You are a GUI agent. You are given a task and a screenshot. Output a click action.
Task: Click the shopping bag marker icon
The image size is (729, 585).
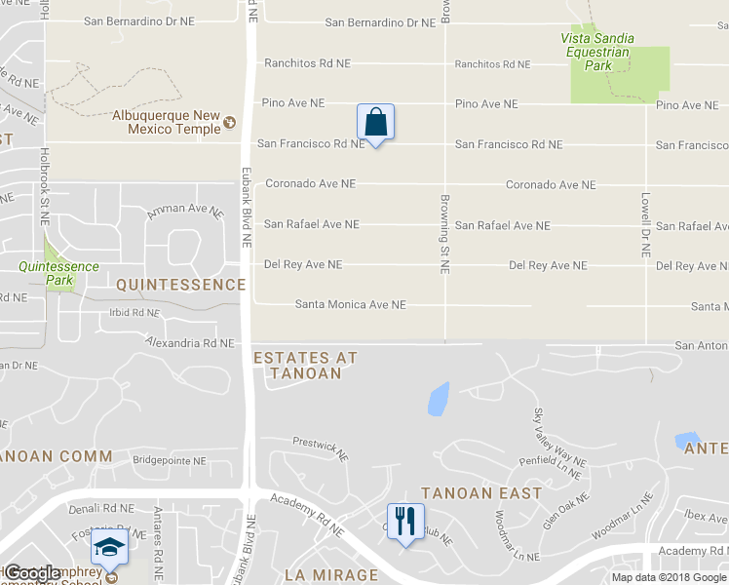click(x=375, y=123)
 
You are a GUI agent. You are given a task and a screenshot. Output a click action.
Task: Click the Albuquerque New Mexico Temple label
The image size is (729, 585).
click(x=167, y=122)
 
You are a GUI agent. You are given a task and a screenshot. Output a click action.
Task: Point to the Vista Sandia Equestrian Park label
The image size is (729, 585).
click(x=596, y=53)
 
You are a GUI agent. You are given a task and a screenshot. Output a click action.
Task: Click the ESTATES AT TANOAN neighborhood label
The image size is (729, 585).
click(x=305, y=366)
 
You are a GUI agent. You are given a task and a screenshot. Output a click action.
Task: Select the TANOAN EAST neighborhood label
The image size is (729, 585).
click(x=481, y=492)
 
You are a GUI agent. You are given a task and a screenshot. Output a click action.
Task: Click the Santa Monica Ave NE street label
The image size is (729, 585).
click(x=350, y=304)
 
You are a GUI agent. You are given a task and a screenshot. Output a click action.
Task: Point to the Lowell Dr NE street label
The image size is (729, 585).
click(x=644, y=223)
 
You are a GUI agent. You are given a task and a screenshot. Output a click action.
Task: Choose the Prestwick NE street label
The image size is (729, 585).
click(x=321, y=448)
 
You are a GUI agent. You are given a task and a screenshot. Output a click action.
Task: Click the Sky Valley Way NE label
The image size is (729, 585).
click(x=559, y=437)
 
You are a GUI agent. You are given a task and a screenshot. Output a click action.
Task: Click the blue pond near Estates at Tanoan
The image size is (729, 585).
click(x=438, y=397)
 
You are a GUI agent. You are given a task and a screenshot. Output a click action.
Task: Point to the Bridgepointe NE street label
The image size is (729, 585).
click(x=170, y=460)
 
